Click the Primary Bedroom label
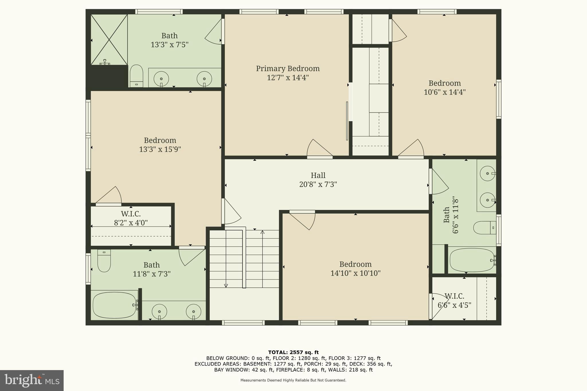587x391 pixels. pos(287,69)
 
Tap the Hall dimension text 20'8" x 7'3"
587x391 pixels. pos(318,184)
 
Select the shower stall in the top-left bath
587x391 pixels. pos(109,40)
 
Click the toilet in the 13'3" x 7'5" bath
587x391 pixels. pos(136,76)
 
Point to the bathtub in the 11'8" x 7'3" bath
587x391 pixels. pos(114,305)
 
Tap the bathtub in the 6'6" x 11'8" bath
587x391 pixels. pos(472,260)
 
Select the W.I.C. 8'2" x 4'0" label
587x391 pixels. pos(131,218)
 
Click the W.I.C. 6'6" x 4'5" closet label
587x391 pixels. pos(454,300)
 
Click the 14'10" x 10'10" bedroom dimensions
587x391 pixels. pos(355,273)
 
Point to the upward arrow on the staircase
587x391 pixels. pos(262,232)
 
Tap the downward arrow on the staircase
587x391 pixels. pos(226,285)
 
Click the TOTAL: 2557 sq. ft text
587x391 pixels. pos(293,352)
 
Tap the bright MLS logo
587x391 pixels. pos(32,380)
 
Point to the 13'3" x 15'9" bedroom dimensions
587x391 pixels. pos(160,150)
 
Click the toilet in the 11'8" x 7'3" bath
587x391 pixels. pos(104,260)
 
